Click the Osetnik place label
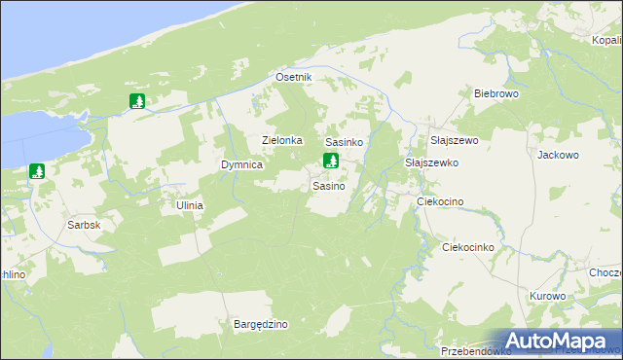(x=293, y=77)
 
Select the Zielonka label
(x=282, y=140)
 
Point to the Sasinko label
(x=344, y=142)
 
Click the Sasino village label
(x=328, y=185)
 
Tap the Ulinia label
(x=189, y=205)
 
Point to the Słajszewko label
(x=431, y=162)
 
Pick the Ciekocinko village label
(x=469, y=247)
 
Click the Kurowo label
(x=548, y=296)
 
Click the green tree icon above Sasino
(x=331, y=162)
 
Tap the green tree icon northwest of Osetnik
(x=137, y=100)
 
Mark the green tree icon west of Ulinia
(x=37, y=172)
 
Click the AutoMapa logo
(x=559, y=342)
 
